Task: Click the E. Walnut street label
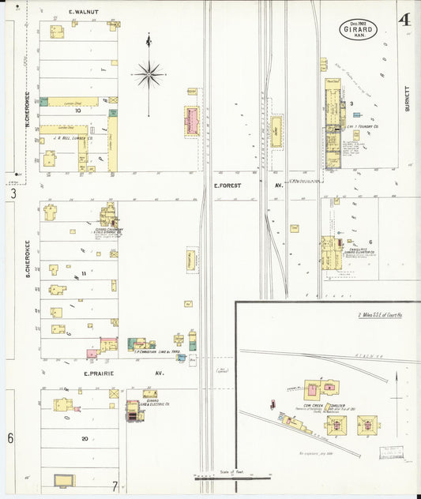click(82, 13)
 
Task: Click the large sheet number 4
click(404, 19)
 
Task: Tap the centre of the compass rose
click(148, 75)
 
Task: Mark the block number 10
click(78, 111)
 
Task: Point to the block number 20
click(84, 438)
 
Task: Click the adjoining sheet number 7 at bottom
click(115, 485)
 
